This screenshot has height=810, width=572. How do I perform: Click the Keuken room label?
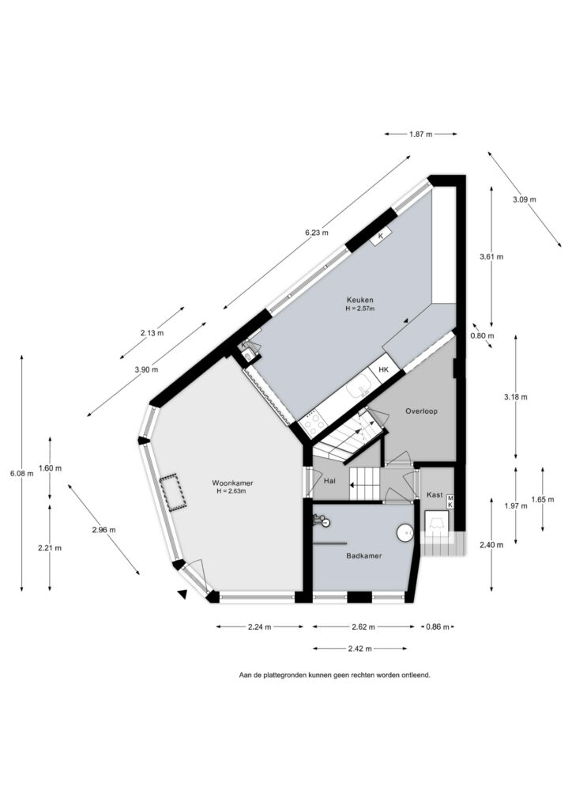click(x=360, y=300)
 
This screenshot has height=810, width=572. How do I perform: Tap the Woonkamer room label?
click(x=232, y=483)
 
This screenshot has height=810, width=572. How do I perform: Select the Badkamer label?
click(x=364, y=556)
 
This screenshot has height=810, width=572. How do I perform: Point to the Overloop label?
click(x=421, y=411)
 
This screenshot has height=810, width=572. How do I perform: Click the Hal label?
click(x=329, y=480)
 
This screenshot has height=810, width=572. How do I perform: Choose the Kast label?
click(x=435, y=494)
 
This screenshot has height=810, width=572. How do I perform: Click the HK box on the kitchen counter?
click(x=384, y=370)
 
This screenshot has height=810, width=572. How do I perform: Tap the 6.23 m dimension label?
click(x=317, y=233)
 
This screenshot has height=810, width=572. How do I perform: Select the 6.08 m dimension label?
click(x=21, y=473)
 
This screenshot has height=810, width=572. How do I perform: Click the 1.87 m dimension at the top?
click(x=420, y=134)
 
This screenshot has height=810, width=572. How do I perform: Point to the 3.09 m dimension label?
click(x=525, y=199)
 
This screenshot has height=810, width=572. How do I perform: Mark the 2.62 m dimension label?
click(x=363, y=627)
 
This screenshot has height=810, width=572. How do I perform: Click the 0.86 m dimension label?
click(x=438, y=627)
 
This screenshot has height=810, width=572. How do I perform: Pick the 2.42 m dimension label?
click(x=360, y=649)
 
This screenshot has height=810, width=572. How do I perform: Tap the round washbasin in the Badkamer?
click(x=405, y=533)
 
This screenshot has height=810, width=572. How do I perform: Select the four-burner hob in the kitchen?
click(x=314, y=423)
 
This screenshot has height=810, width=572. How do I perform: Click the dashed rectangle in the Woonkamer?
click(x=173, y=493)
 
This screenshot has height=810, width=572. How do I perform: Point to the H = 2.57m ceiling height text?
click(x=360, y=308)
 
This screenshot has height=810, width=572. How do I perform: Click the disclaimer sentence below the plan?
click(x=334, y=675)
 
